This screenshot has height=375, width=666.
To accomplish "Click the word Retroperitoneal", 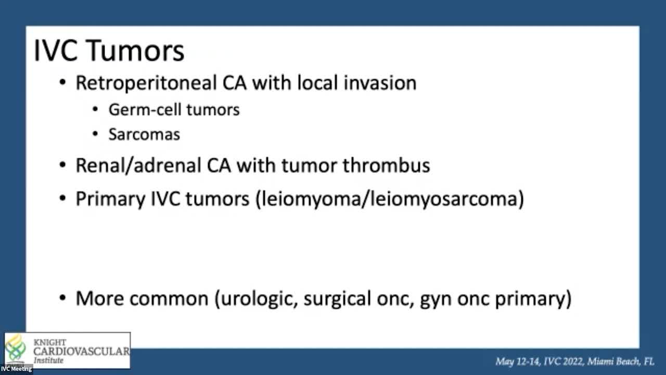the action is click(146, 83).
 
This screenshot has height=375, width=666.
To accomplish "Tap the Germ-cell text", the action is click(145, 109).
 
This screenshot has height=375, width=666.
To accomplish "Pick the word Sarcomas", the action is click(144, 134).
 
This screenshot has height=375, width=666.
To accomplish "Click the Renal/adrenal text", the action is click(138, 166).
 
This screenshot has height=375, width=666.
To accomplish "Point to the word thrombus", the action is click(386, 165).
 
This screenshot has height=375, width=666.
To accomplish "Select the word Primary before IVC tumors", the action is click(110, 199).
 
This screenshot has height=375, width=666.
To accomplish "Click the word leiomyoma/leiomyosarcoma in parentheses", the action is click(390, 199).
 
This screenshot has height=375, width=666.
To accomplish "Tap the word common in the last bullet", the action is click(169, 298).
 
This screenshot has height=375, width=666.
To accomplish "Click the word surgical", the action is click(337, 298).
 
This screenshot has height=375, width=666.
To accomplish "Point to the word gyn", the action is click(436, 300).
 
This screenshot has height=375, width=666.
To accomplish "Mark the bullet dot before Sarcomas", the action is click(95, 134).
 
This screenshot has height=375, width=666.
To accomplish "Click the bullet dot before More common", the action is click(62, 297).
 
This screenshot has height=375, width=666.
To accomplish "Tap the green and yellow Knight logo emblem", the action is click(16, 347).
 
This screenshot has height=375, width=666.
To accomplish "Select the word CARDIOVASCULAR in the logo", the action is click(82, 351).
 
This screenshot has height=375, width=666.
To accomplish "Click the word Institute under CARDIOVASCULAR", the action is click(48, 360).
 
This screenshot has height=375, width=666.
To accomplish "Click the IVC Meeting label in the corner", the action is click(16, 369).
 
